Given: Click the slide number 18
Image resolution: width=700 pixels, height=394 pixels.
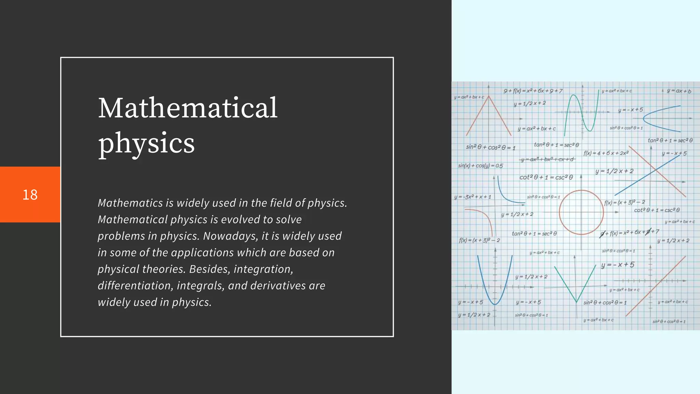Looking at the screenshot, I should (30, 195).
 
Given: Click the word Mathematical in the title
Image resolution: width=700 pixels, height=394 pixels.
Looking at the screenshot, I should (188, 108).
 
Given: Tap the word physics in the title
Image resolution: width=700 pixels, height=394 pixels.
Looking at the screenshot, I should (146, 143).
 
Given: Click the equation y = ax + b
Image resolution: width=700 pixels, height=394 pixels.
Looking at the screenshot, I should (679, 91).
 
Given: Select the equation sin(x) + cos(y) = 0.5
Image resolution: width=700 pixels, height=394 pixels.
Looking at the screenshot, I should (480, 166).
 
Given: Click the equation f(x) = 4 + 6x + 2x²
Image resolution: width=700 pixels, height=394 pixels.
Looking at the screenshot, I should (606, 153).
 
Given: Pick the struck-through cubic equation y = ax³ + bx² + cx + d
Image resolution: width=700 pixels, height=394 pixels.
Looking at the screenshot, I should (548, 159).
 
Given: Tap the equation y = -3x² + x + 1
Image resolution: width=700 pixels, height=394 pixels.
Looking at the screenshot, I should (472, 197).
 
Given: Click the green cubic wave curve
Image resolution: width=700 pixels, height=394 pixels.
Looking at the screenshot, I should (581, 113).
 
